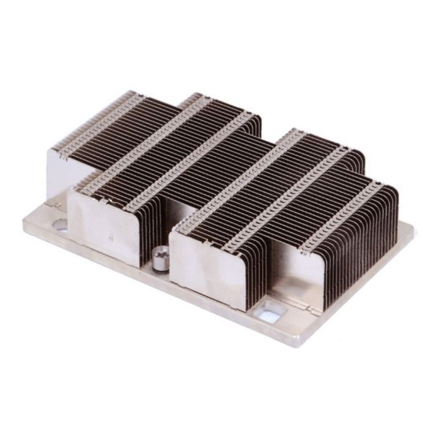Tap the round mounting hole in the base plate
point(61,225)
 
